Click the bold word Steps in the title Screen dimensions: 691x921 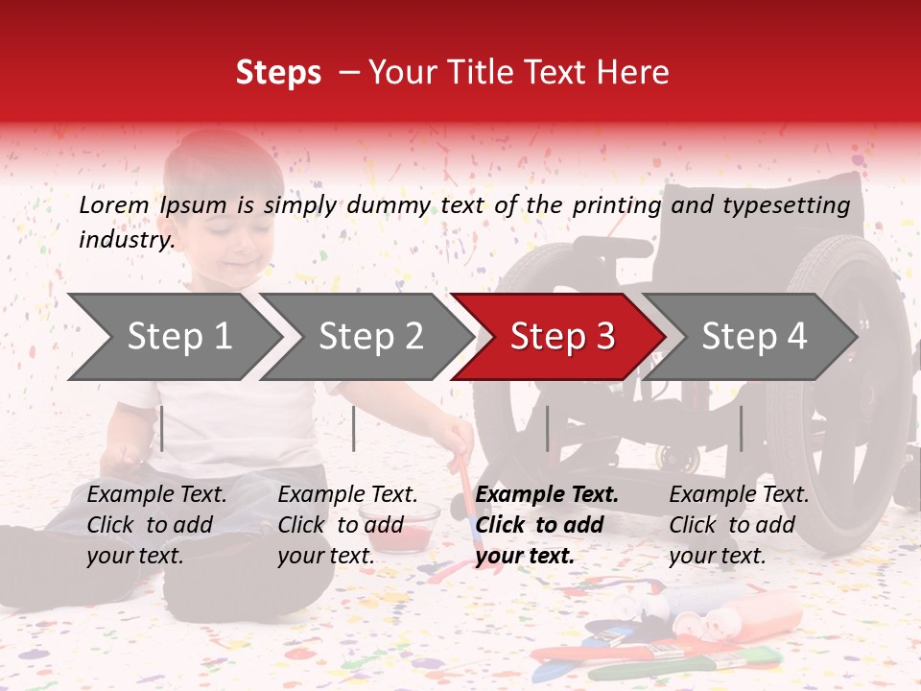click(x=278, y=73)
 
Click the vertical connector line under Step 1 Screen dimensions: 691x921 click(x=162, y=428)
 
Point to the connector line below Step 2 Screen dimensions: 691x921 click(x=354, y=428)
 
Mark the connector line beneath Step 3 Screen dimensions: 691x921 click(x=547, y=428)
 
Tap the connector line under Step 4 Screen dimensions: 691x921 click(x=741, y=428)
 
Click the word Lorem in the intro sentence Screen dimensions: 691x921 click(x=114, y=204)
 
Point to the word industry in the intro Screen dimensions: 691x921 click(x=126, y=240)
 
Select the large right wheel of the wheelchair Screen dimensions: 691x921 click(x=844, y=384)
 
